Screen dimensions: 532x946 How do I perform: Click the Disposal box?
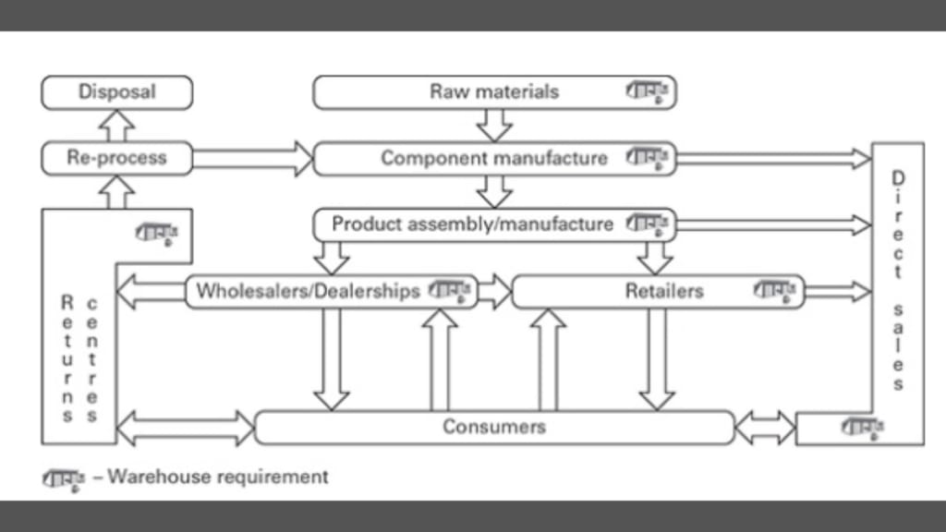[x=117, y=92]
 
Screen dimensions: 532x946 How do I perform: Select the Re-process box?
[x=117, y=158]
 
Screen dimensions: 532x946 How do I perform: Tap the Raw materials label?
[x=494, y=92]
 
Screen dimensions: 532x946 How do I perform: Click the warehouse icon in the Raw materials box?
[x=650, y=92]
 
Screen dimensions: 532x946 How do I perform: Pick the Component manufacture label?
[x=494, y=158]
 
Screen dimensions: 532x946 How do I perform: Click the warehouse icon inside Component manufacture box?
[x=650, y=158]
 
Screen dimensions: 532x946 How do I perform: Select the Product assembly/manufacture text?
[x=472, y=224]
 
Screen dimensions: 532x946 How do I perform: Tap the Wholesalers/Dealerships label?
[x=308, y=291]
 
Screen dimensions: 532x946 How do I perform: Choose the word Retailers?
[x=664, y=291]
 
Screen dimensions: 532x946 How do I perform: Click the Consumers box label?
[x=494, y=427]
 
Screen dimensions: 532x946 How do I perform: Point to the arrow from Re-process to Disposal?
[x=117, y=126]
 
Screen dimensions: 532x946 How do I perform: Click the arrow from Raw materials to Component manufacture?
[x=494, y=125]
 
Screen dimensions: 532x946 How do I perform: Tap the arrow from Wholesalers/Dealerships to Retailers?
[x=494, y=291]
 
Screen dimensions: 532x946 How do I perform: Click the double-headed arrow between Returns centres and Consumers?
[x=186, y=428]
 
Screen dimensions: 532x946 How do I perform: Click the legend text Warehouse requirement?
[x=218, y=478]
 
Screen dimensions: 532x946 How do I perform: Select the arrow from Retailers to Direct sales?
[x=837, y=292]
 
